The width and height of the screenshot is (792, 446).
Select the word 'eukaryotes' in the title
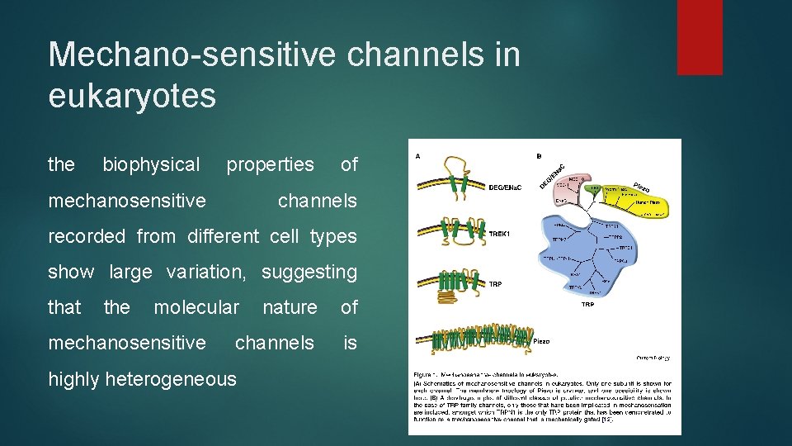coord(132,96)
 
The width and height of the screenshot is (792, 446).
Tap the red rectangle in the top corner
coord(699,36)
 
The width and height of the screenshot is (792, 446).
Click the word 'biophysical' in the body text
coord(151,164)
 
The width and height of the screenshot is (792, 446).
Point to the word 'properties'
coord(270,164)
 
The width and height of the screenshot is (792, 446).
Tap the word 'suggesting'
coord(309,272)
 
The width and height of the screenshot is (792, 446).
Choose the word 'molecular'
coord(196,307)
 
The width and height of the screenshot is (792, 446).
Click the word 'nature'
coord(290,307)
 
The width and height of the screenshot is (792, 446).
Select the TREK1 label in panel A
coord(499,235)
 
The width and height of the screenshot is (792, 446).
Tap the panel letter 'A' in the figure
coord(418,154)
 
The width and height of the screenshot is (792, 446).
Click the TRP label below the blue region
coord(587,305)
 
